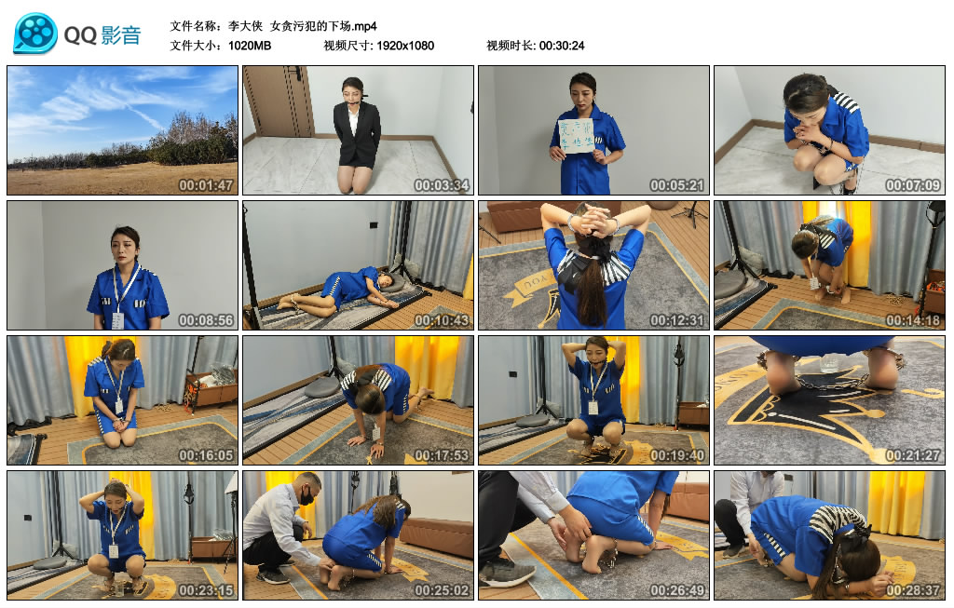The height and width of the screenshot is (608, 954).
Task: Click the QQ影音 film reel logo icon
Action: [x=34, y=34]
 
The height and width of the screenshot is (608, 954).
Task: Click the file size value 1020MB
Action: [x=250, y=46]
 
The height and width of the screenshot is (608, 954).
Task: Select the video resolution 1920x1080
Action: [x=404, y=46]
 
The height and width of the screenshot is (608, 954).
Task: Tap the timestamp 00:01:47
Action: [x=206, y=185]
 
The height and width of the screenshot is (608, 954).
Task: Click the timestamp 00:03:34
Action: [x=442, y=185]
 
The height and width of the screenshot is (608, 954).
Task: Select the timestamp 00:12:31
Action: [x=677, y=320]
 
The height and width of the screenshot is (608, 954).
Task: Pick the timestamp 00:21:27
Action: [x=913, y=455]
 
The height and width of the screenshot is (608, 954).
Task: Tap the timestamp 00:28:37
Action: [x=913, y=590]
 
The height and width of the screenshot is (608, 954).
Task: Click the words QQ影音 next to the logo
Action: [x=102, y=35]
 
